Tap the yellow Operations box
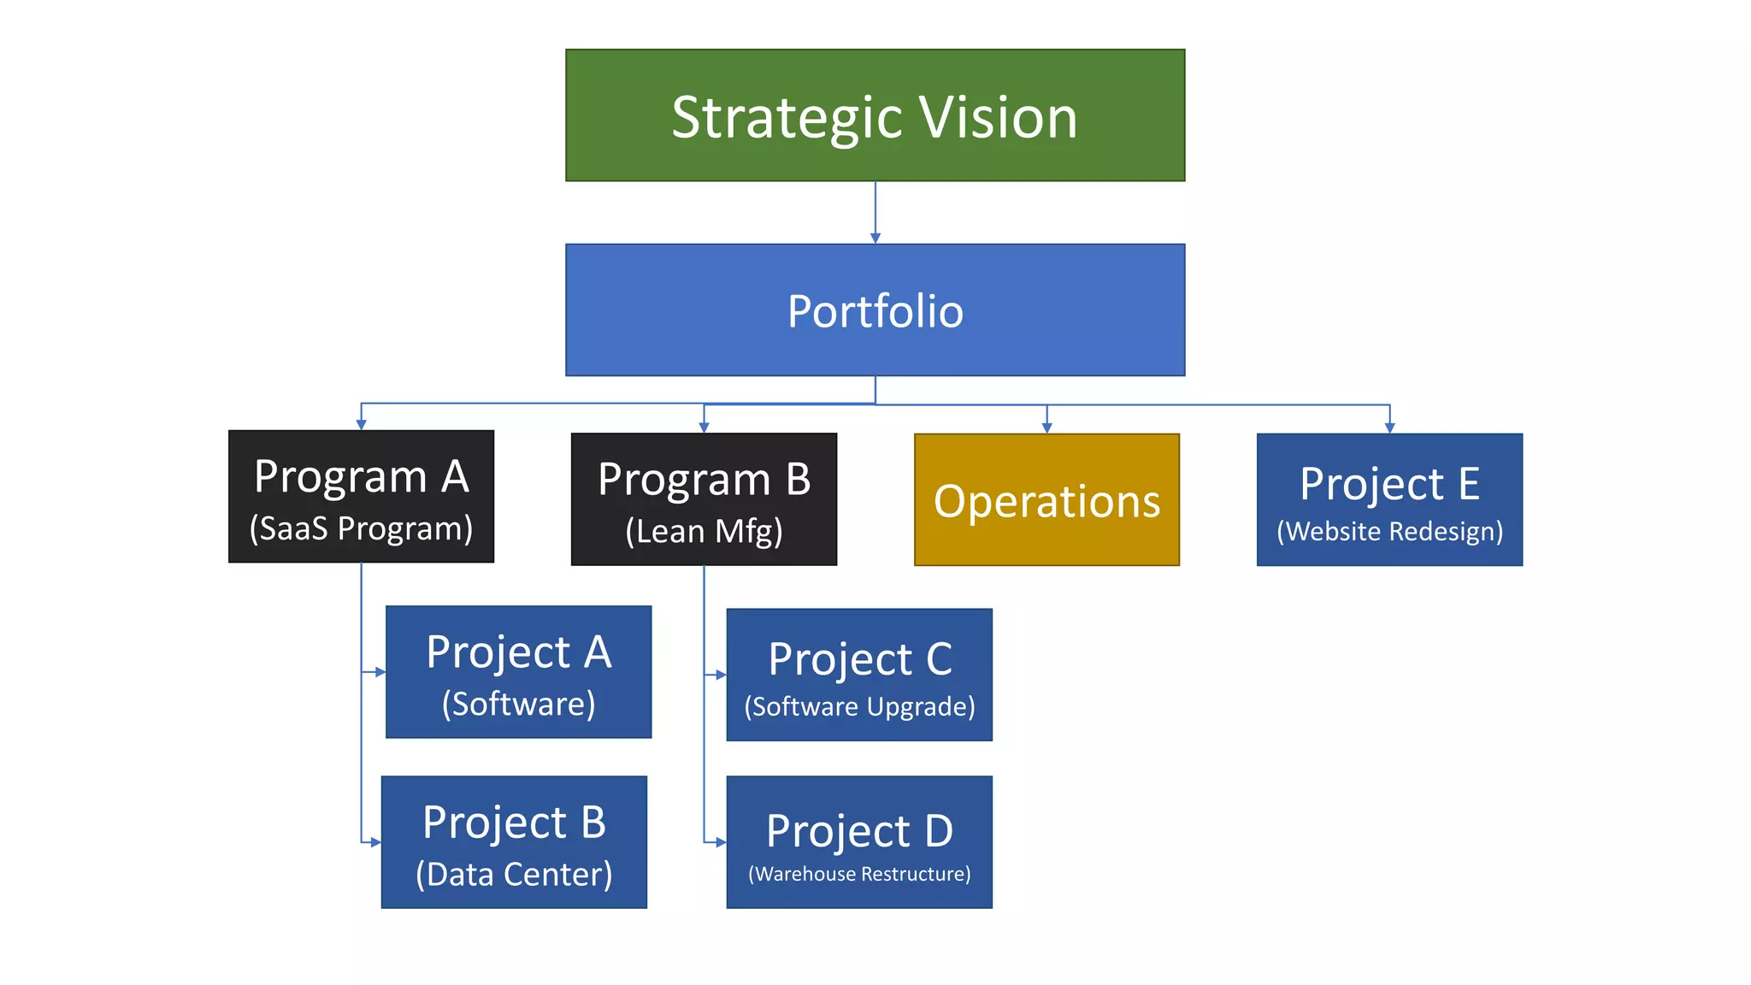tap(1046, 500)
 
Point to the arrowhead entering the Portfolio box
tap(875, 239)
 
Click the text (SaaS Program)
tap(361, 528)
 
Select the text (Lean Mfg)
tap(704, 531)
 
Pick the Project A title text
tap(518, 652)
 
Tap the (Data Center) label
tap(514, 874)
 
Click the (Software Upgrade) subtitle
tap(859, 706)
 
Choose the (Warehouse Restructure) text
tap(859, 874)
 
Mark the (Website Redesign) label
tap(1389, 531)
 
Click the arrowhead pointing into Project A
tap(380, 672)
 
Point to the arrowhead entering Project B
tap(376, 842)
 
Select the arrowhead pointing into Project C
tap(722, 675)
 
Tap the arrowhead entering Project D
tap(722, 842)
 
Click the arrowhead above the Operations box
tap(1046, 428)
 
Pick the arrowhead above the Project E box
tap(1389, 428)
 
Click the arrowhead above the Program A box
tap(361, 424)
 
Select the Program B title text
tap(704, 480)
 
